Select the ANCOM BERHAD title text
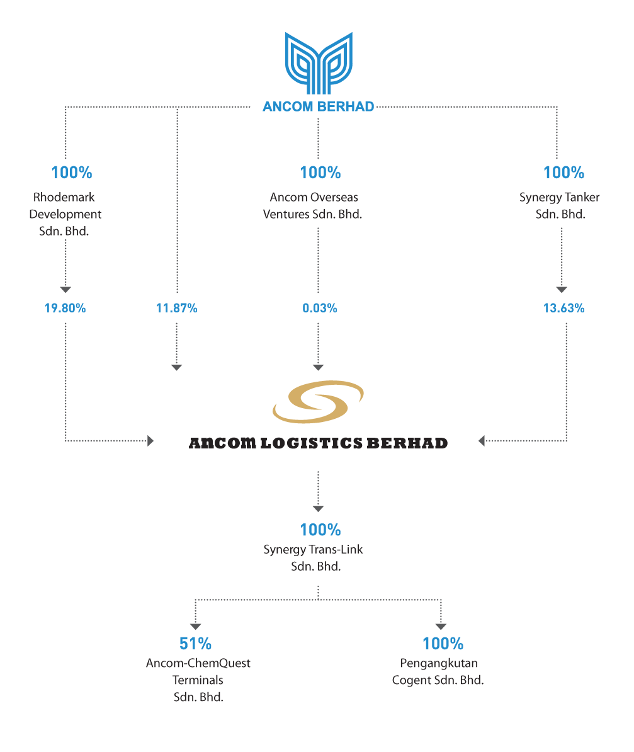pos(318,107)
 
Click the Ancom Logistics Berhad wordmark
pos(318,443)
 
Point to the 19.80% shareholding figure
pos(65,308)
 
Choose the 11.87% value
pos(177,308)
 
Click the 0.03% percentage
pos(319,308)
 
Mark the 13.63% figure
pos(563,308)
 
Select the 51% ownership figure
pos(195,644)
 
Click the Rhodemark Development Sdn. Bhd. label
pos(65,214)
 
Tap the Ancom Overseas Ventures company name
pos(312,206)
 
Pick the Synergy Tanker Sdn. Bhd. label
pos(560,206)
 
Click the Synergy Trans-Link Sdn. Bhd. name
pos(314,558)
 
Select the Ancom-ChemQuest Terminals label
pos(198,680)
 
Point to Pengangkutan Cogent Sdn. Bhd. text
pos(438,672)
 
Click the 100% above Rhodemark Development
pos(72,173)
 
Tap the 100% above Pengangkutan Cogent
pos(443,644)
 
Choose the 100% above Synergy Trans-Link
pos(320,530)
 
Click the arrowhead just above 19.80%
pos(65,289)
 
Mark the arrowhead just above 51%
pos(195,627)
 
